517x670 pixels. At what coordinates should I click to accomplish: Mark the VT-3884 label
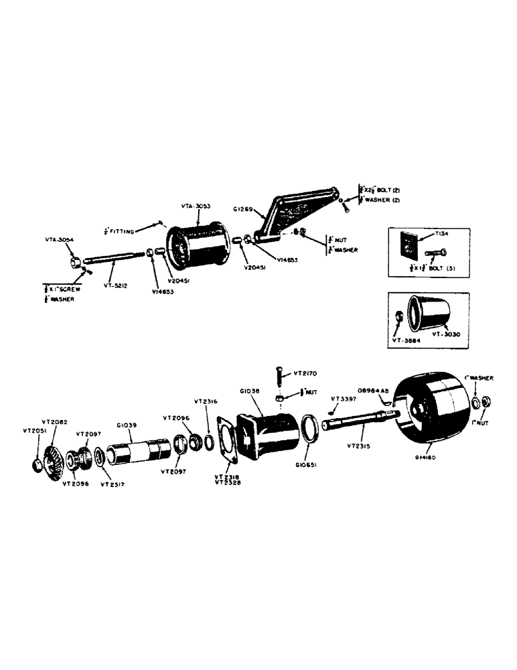(405, 340)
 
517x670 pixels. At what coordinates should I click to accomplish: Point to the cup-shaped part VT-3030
(433, 312)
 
